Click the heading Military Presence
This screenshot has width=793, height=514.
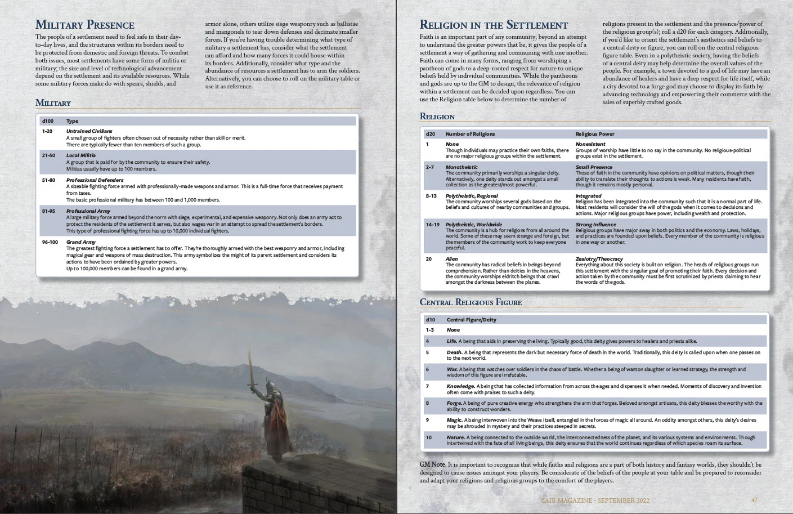pos(84,25)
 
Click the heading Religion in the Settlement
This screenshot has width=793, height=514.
pos(494,25)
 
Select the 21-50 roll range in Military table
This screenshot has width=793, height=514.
pos(48,155)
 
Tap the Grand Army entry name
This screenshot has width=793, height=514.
pos(81,242)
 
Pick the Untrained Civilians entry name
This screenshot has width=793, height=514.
pos(89,131)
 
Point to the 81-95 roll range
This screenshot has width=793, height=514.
pos(48,211)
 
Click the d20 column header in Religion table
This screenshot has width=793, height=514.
pos(431,134)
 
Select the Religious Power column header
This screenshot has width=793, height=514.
pos(595,134)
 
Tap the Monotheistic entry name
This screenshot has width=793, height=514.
pos(462,167)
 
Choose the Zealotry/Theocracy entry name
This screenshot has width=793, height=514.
pos(599,259)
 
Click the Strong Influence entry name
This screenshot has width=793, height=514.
pos(596,225)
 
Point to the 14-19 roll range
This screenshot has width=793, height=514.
pos(433,225)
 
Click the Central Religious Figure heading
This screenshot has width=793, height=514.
pos(471,302)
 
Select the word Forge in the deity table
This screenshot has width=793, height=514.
pos(454,403)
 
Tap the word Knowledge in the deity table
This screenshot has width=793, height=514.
pos(460,386)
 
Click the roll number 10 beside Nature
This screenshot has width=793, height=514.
pos(429,437)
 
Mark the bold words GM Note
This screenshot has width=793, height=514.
pos(432,464)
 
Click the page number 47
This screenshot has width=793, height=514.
pos(754,500)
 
